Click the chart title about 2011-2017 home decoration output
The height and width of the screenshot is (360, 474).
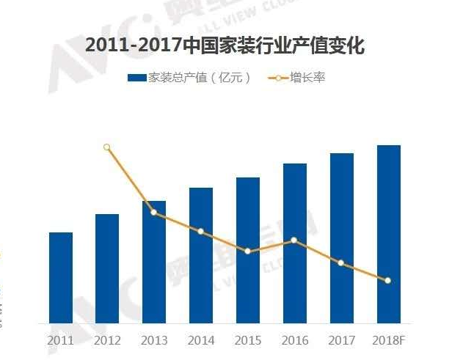[225, 45]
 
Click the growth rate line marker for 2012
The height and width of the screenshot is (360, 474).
[107, 147]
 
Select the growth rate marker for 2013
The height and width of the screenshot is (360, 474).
[154, 213]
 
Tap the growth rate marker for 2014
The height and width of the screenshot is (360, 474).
[201, 232]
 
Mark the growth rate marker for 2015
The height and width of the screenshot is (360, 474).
[248, 251]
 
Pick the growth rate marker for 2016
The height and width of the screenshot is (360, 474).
[294, 240]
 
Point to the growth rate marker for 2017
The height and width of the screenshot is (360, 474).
[341, 262]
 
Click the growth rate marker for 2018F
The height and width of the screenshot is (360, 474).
[388, 280]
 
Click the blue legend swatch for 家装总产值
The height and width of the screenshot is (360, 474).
[136, 77]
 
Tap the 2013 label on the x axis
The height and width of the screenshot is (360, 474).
[154, 341]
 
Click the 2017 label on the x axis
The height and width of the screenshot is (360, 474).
[342, 341]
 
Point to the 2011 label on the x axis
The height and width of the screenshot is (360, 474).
[61, 341]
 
